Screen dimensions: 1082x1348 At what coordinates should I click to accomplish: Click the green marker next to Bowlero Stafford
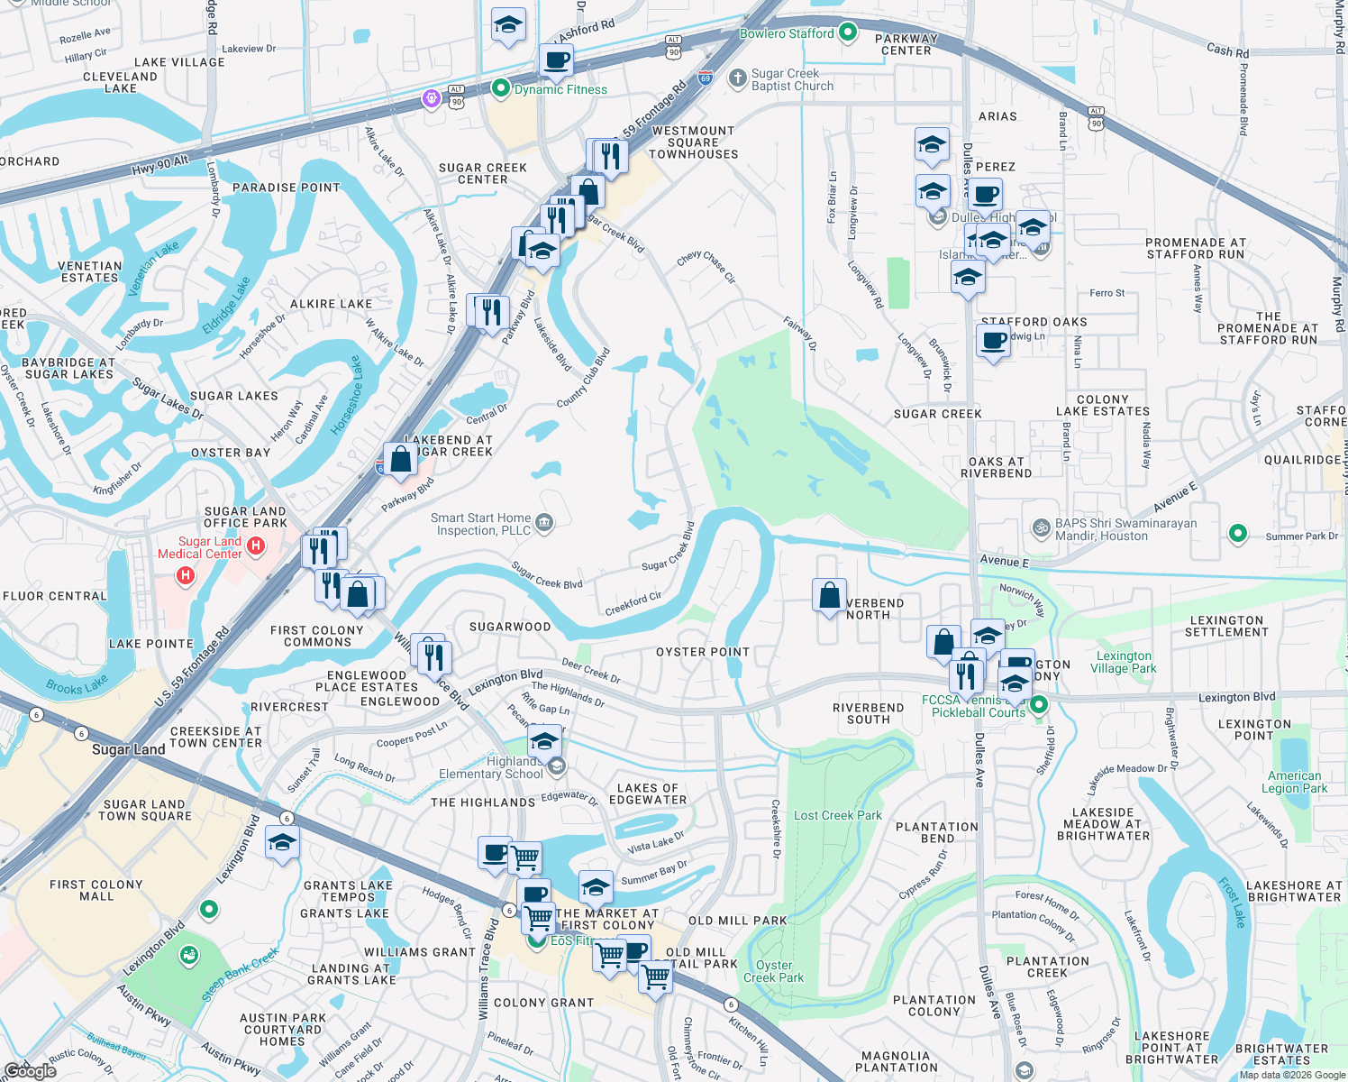(848, 32)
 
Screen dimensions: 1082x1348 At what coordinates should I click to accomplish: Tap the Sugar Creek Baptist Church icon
(737, 78)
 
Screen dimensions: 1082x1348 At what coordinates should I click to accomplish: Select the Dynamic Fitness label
(560, 89)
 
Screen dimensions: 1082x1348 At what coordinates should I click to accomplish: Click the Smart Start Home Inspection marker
(543, 522)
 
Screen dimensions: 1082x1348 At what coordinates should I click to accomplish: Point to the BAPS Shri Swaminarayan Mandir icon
(1041, 527)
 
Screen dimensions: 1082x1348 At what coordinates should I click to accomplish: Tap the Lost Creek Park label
(837, 815)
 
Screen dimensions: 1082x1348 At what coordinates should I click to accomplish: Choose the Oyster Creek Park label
(773, 971)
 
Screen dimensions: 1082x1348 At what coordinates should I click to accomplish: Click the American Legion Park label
(1294, 782)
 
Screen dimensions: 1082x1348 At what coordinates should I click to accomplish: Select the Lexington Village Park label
(1123, 662)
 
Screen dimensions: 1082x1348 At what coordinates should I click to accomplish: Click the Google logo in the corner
(30, 1070)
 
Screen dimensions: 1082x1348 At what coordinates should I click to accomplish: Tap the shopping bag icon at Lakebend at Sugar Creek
(401, 459)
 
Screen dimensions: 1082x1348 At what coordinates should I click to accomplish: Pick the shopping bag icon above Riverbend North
(829, 595)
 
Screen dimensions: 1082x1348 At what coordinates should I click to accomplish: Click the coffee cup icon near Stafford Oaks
(993, 341)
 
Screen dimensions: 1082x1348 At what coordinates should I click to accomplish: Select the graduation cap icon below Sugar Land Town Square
(282, 842)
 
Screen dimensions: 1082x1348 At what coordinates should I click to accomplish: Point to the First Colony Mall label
(96, 890)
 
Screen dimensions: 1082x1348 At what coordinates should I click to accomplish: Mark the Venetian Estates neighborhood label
(89, 271)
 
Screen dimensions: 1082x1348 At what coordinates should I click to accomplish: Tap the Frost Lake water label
(1232, 902)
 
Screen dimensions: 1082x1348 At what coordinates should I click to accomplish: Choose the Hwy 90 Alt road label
(160, 166)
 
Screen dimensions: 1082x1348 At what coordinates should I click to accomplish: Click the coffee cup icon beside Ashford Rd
(556, 60)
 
